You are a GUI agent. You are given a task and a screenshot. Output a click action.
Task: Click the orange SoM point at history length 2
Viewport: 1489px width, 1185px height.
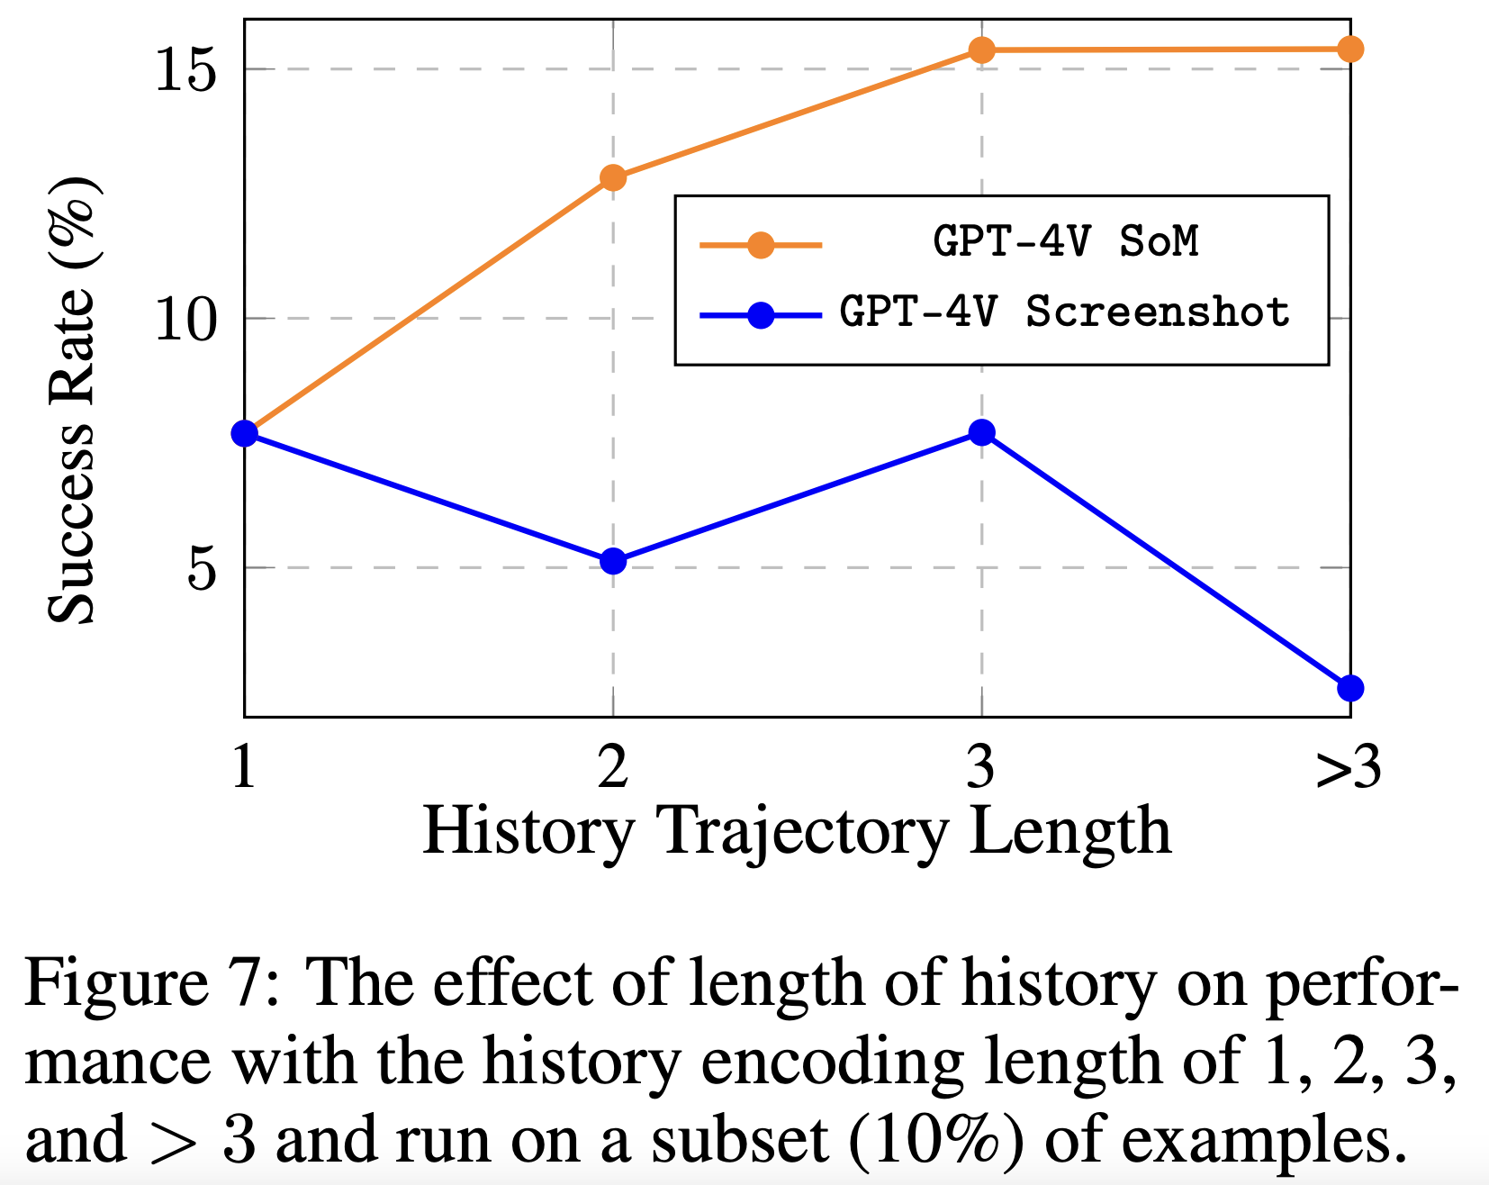tap(613, 177)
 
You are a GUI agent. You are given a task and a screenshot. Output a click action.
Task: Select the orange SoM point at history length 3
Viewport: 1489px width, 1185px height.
tap(981, 50)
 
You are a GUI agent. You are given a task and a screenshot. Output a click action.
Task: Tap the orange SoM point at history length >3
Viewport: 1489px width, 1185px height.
tap(1349, 49)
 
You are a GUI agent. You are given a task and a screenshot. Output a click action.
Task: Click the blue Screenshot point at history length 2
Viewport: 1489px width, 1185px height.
tap(613, 561)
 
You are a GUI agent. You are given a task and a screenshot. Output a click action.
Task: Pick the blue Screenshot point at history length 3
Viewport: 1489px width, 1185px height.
tap(981, 433)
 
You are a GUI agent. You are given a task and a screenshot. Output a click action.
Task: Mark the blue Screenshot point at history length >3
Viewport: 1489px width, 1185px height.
tap(1349, 688)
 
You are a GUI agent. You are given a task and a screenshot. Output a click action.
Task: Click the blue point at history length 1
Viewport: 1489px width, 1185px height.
tap(245, 433)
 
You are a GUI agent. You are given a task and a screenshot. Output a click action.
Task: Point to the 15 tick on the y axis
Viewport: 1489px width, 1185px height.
tap(186, 69)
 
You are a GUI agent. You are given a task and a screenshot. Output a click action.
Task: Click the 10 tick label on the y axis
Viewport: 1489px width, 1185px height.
tap(186, 319)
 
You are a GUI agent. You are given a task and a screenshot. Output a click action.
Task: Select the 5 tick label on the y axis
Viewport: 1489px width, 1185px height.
tap(203, 568)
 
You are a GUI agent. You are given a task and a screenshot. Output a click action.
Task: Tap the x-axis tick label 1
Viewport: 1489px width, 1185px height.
tap(244, 768)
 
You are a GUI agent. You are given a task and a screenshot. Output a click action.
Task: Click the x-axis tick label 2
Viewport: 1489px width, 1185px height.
tap(613, 768)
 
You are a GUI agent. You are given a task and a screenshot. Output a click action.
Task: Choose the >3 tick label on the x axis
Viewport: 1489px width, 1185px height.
tap(1348, 768)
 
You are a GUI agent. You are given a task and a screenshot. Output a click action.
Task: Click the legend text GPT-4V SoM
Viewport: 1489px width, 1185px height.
tap(1066, 241)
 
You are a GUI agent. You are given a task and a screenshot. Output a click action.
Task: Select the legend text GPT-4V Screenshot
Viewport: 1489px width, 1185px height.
tap(1065, 312)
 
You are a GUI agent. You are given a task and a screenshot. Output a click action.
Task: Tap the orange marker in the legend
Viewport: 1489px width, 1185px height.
tap(761, 244)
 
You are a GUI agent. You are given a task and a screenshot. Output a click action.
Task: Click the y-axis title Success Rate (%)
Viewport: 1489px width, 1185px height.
tap(72, 400)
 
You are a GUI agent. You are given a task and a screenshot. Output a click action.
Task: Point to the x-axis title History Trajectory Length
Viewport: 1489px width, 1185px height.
tap(797, 830)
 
